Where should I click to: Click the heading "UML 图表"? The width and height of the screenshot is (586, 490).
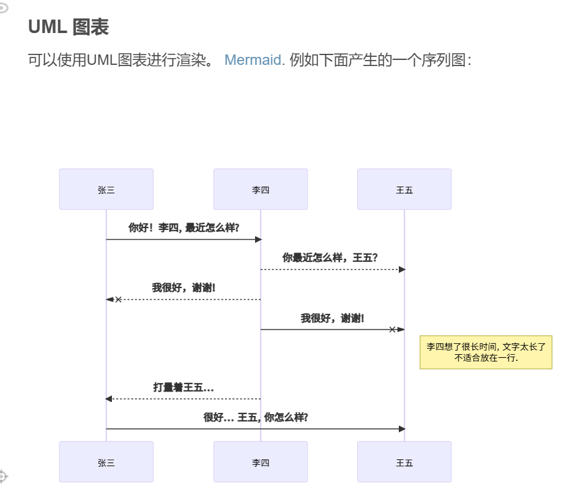coord(69,28)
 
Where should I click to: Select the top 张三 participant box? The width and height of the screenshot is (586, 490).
coord(106,190)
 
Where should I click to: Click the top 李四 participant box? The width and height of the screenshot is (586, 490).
coord(261,190)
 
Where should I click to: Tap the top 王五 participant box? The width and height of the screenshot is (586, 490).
coord(404,190)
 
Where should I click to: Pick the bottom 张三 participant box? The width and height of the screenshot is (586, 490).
coord(106,462)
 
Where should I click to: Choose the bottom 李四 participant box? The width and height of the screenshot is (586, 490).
coord(261,462)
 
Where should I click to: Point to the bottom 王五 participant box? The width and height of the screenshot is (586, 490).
coord(404,462)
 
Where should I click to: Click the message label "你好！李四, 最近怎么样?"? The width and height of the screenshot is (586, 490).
coord(184,228)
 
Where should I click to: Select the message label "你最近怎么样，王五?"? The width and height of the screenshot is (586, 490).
coord(330,258)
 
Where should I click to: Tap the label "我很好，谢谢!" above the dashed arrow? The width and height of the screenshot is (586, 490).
coord(184,288)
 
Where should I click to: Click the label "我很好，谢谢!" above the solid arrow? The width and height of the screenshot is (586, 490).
coord(332,318)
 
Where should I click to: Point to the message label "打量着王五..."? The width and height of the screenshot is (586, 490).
coord(184,387)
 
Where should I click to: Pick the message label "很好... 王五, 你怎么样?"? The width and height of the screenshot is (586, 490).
coord(256,417)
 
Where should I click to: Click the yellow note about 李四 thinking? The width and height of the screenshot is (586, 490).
coord(486,352)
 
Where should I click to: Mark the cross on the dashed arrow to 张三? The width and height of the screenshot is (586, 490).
coord(119,300)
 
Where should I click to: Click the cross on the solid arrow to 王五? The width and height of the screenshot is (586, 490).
coord(393,330)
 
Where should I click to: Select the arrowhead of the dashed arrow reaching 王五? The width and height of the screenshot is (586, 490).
coord(402,270)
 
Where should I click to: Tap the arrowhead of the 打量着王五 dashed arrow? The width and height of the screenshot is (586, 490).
coord(109,399)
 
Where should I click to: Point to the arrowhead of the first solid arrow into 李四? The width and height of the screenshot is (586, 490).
coord(258,239)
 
